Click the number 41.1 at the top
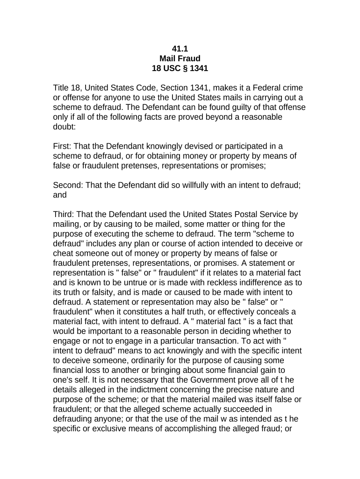180,49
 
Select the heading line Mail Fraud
180,58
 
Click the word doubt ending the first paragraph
64,127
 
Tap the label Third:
64,215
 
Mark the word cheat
64,254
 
